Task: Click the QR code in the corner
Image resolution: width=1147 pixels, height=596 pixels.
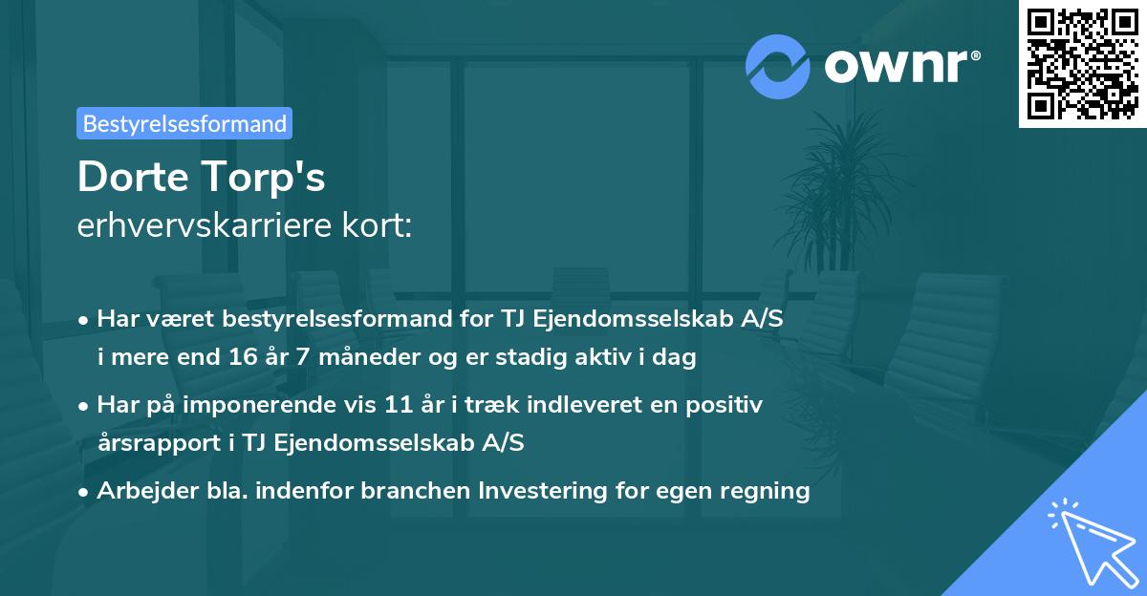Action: (1081, 64)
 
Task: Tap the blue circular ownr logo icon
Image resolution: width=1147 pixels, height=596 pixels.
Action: (778, 65)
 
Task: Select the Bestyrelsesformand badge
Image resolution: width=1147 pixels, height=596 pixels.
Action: (184, 123)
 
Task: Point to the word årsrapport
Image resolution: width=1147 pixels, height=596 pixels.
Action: (150, 443)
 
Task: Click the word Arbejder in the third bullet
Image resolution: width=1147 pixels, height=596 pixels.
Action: (142, 491)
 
